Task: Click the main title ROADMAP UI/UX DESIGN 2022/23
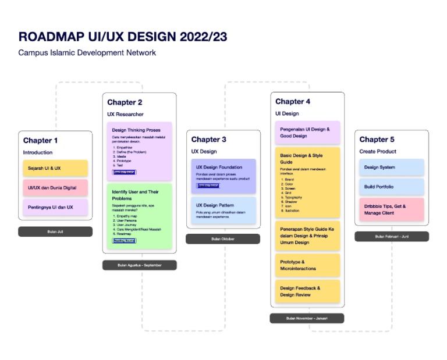123,37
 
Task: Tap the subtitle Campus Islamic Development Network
87,53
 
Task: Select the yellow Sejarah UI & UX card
55,168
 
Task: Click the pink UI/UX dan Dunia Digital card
55,188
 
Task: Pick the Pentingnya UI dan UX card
55,207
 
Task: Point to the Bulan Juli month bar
55,231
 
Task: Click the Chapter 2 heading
125,102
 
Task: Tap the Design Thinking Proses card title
136,130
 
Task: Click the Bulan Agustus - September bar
139,265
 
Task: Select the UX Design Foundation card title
219,167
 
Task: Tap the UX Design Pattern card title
215,205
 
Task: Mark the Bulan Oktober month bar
223,239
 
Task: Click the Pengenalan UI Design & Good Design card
307,132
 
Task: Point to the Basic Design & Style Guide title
301,159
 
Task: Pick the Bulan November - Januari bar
307,318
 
